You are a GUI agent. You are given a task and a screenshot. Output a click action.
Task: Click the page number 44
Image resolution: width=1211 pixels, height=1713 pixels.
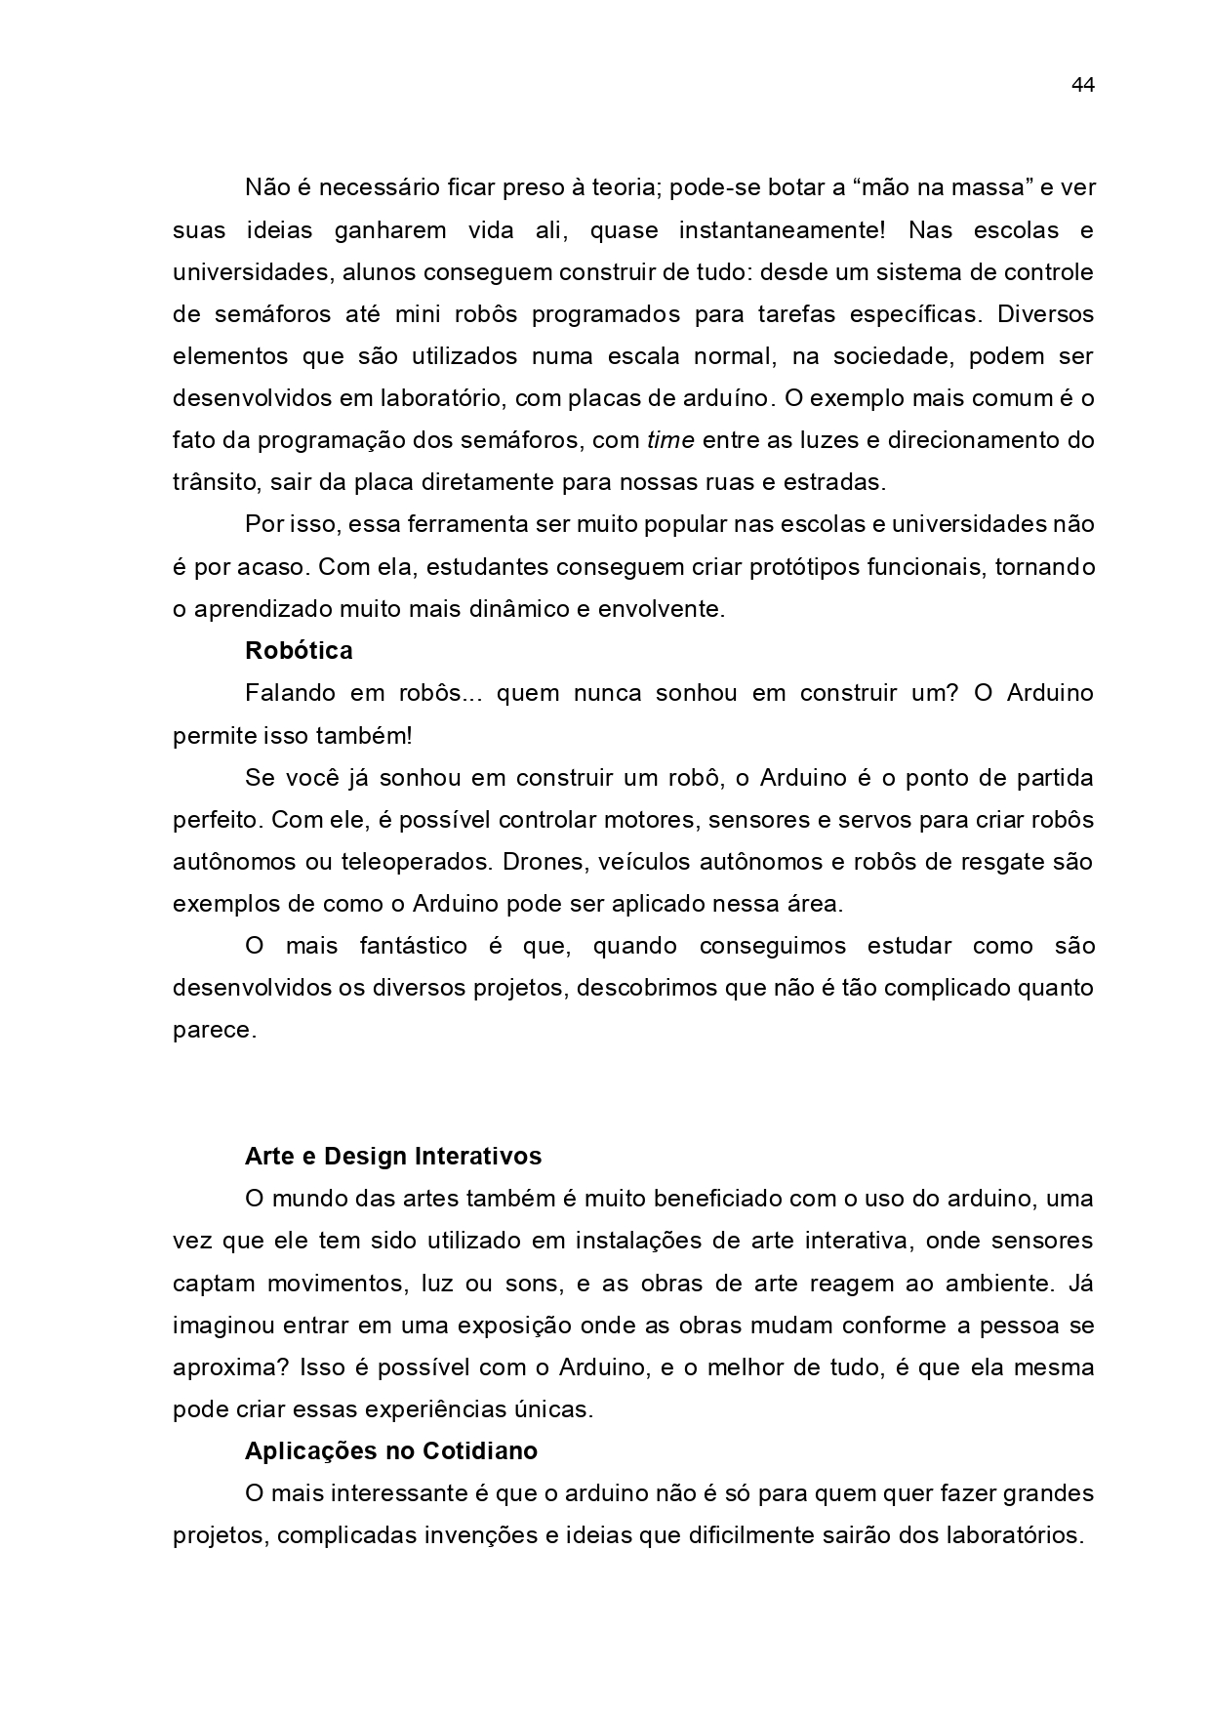(x=1082, y=85)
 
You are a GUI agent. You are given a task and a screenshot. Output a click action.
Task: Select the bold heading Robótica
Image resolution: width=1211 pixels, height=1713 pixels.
(x=299, y=651)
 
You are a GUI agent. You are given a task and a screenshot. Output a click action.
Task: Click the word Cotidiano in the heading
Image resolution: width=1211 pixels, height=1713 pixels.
(x=479, y=1451)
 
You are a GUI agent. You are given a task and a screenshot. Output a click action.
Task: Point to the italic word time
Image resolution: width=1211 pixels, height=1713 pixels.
(x=670, y=440)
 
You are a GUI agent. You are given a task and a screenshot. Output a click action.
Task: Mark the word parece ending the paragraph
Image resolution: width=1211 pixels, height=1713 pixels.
(x=214, y=1031)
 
